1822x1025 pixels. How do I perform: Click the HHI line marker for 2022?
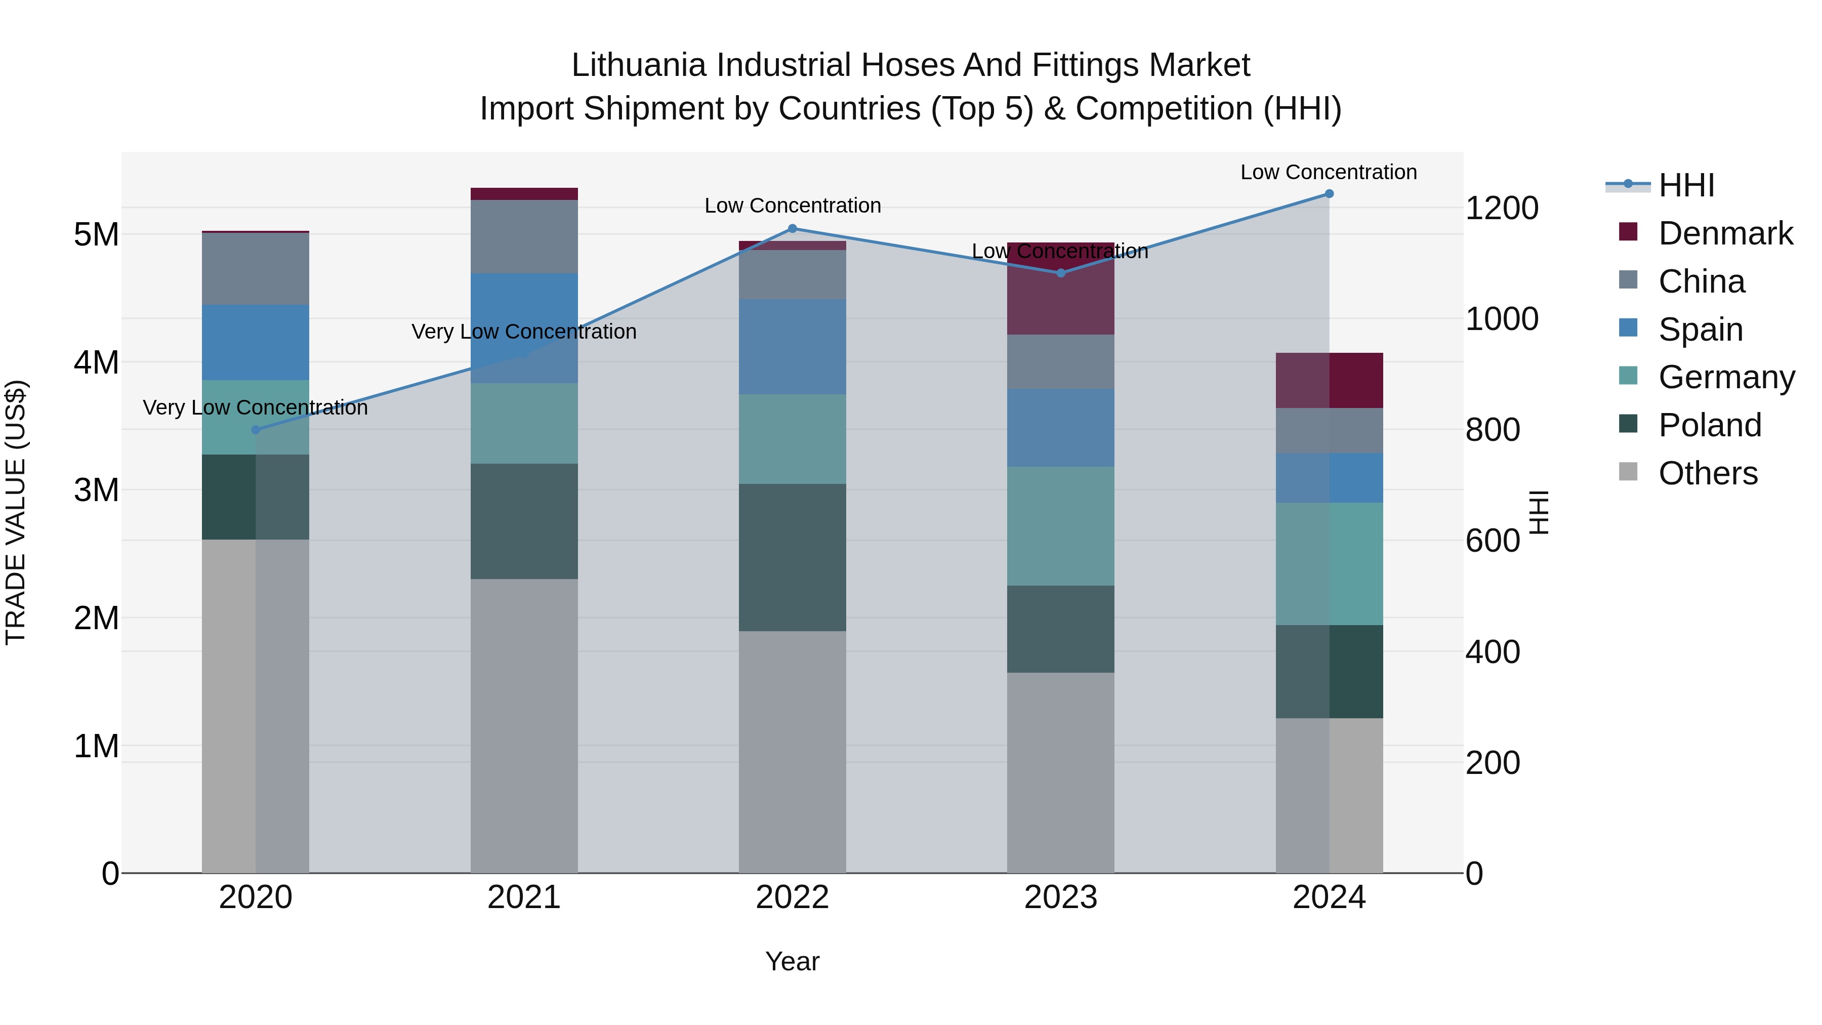tap(792, 228)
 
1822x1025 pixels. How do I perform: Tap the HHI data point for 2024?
tap(1329, 194)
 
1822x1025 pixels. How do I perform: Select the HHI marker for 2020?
tap(256, 429)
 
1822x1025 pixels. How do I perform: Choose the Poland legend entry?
tap(1710, 425)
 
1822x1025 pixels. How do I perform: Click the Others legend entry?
tap(1708, 473)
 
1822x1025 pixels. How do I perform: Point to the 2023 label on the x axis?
tap(1060, 897)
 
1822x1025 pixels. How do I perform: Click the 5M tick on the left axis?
tap(96, 234)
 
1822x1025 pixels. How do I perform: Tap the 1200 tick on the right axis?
tap(1502, 208)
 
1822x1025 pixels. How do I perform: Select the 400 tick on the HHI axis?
tap(1493, 651)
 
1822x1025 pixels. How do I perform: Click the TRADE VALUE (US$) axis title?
tap(16, 512)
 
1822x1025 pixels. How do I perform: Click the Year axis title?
tap(792, 961)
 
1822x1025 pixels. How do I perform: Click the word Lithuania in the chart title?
tap(639, 65)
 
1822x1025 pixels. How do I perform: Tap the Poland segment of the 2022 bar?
tap(792, 557)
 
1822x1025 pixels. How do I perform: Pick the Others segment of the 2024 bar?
tap(1329, 795)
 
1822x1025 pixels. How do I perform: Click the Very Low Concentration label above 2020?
tap(256, 407)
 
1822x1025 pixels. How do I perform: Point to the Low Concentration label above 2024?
tap(1329, 172)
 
